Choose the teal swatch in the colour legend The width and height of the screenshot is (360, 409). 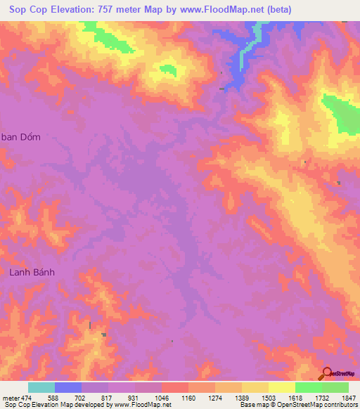41,387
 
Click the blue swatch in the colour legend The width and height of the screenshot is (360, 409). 67,387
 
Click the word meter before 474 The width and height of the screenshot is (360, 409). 10,397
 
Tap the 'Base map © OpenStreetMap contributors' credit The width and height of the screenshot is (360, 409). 297,405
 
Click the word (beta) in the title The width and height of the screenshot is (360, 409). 276,9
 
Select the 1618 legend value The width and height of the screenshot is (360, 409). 295,397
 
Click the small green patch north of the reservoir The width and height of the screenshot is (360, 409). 168,69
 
